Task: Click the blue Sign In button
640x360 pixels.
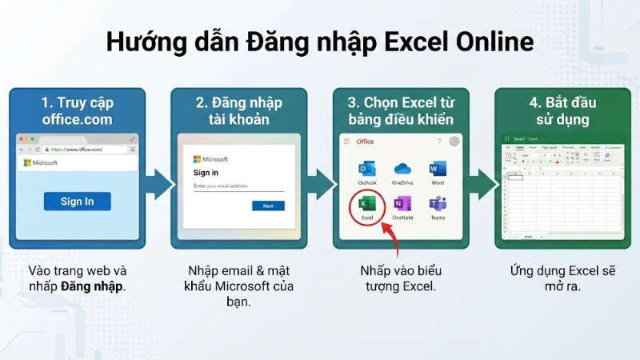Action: click(77, 201)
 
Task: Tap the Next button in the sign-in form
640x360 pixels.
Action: click(268, 206)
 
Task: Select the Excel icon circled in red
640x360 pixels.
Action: click(367, 205)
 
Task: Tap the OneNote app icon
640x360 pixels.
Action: click(402, 205)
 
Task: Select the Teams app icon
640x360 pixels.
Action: click(437, 205)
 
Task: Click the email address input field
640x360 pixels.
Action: click(238, 187)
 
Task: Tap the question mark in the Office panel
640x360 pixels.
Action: click(438, 142)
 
